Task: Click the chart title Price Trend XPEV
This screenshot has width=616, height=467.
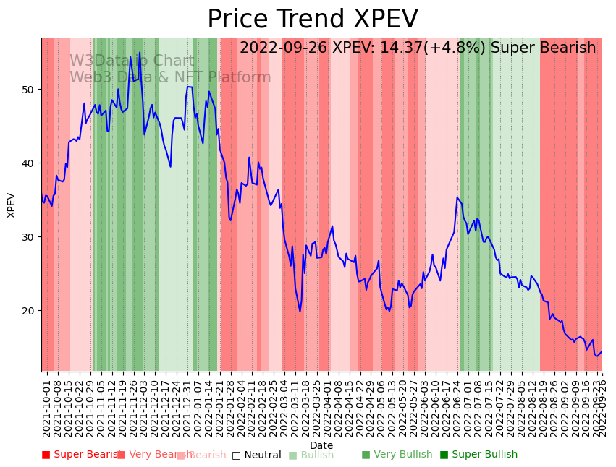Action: coord(312,20)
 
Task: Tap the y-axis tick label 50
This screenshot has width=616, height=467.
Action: coord(30,90)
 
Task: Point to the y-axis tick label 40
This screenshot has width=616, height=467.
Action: coord(30,163)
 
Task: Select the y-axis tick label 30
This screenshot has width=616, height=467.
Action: coord(30,237)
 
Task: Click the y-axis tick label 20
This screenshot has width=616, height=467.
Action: coord(30,311)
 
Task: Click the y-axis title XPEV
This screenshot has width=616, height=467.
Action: coord(12,205)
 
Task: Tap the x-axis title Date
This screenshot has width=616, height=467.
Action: coord(321,446)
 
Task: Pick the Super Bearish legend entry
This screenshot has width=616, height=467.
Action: coord(81,455)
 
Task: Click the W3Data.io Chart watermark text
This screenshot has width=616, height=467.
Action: coord(132,61)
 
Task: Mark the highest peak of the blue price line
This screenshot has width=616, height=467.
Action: coord(140,53)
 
